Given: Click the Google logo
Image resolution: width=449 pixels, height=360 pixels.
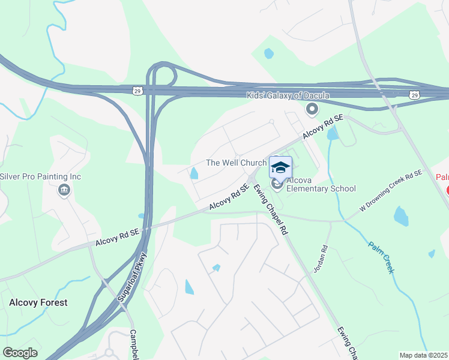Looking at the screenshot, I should (20, 353).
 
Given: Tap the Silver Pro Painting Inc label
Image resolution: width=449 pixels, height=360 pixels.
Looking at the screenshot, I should (40, 177).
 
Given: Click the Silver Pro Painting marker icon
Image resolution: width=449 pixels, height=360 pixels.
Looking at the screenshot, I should (64, 191).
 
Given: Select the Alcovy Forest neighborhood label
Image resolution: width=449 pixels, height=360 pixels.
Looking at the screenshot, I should (38, 302).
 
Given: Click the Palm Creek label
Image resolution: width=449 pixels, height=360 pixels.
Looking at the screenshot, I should (381, 258).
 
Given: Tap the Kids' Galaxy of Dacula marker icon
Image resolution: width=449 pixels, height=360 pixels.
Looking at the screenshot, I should (312, 109).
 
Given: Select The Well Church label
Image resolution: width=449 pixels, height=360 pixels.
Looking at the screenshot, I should (236, 163).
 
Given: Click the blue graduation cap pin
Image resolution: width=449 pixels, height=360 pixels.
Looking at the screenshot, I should (280, 167).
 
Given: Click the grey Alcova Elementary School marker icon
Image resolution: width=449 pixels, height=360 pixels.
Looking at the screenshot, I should (277, 184).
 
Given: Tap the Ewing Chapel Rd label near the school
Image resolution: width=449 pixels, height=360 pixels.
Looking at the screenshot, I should (271, 209).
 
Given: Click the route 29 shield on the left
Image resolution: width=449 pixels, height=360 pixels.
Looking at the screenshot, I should (137, 89).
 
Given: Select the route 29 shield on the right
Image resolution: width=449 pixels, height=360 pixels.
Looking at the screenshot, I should (414, 95).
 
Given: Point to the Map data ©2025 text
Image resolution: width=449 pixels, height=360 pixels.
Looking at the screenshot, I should (423, 355).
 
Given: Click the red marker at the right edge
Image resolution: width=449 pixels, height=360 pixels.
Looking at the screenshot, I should (447, 190).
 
